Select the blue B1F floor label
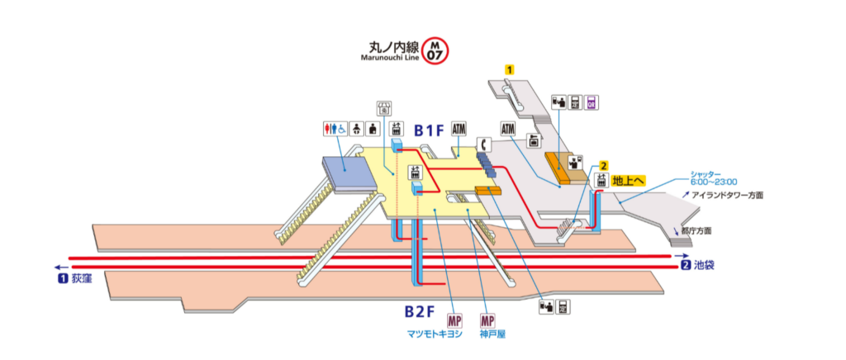click(430, 130)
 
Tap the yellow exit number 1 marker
click(511, 71)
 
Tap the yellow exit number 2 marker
click(604, 165)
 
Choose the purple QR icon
click(592, 102)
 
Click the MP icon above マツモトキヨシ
click(454, 320)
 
